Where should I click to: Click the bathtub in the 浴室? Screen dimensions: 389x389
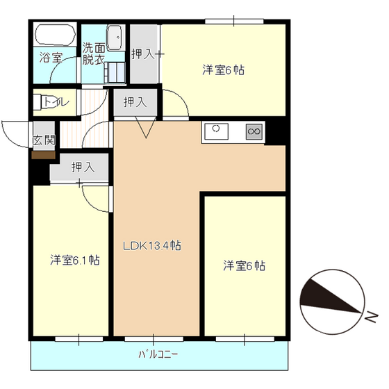coord(56,35)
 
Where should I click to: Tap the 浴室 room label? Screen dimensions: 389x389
coord(51,58)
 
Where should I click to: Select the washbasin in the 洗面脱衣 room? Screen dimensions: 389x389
coord(115,38)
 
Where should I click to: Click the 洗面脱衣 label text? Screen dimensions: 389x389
coord(94,54)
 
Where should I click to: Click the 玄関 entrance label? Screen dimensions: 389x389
coord(44,140)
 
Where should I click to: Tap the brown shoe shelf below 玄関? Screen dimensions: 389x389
coord(43,156)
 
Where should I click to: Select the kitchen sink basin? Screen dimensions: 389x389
coord(216,131)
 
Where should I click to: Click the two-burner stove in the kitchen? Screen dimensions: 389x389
coord(254,131)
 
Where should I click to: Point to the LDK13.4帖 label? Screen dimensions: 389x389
coord(152,246)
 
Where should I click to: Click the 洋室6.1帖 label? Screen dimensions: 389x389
coord(75,260)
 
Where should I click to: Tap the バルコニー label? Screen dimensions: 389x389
coord(158,354)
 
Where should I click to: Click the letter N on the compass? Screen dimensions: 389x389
coord(372,317)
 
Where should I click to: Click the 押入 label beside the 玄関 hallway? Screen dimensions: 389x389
coord(83,167)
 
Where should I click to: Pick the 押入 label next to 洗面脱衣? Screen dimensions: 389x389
coord(143,54)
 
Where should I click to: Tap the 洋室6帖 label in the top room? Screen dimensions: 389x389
coord(223,70)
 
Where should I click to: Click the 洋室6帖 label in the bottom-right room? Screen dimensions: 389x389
coord(244,265)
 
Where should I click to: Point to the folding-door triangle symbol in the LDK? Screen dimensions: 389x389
coord(146,128)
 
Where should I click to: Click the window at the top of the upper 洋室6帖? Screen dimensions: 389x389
coord(234,22)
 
